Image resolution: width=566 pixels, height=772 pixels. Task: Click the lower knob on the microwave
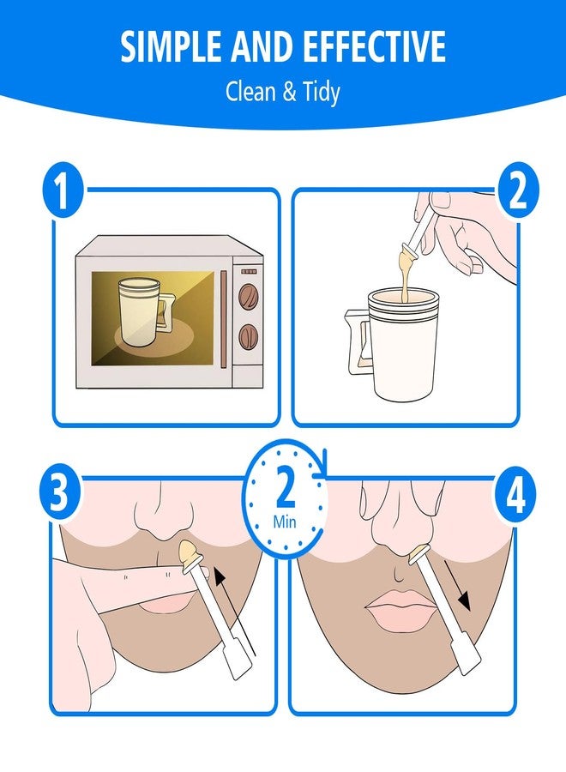point(248,334)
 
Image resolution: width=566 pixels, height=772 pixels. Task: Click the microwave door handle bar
point(225,318)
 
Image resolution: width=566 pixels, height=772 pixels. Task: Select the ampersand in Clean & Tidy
point(287,92)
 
